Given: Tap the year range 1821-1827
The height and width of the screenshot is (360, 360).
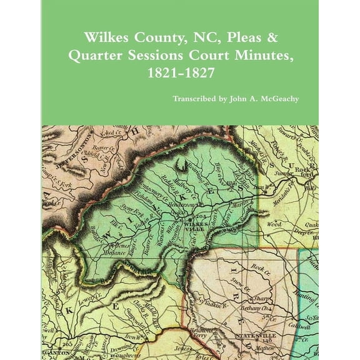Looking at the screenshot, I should pyautogui.click(x=179, y=72).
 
